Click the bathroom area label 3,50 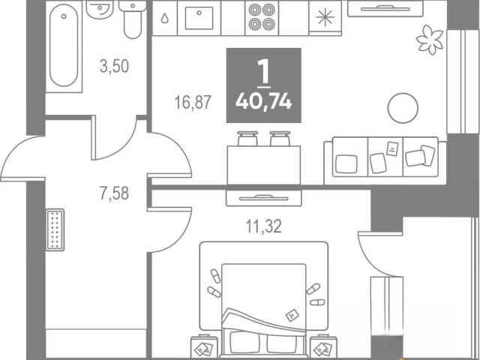click(114, 66)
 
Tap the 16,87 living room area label click(193, 102)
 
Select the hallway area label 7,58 click(114, 193)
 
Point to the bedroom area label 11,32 click(263, 226)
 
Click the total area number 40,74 click(263, 101)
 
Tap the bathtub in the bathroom click(64, 45)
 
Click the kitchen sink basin click(199, 18)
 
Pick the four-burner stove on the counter click(262, 18)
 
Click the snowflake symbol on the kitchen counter click(325, 17)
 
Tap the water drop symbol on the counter click(165, 18)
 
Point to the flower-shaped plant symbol click(430, 40)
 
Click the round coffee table click(403, 108)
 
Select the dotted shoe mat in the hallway click(55, 230)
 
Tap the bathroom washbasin click(100, 10)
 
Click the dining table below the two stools click(263, 165)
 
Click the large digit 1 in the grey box click(263, 71)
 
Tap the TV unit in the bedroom click(263, 198)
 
